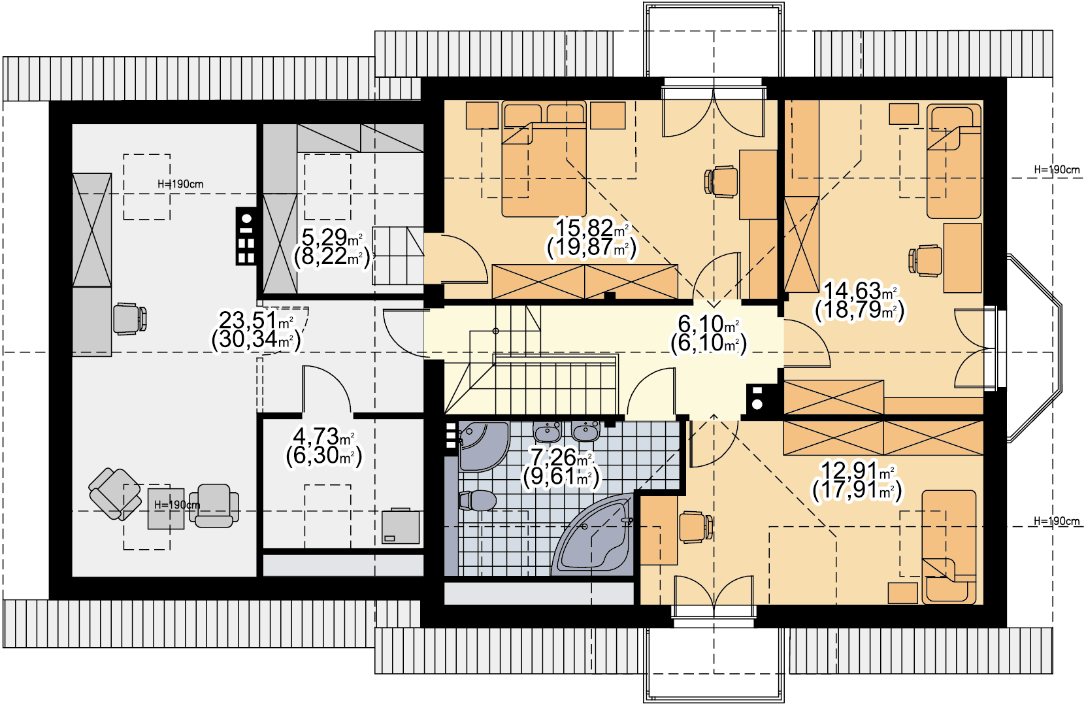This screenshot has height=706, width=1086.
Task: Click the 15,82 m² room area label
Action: (591, 237)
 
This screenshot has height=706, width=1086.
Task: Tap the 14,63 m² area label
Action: (860, 301)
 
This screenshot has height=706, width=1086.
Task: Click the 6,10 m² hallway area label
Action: (708, 333)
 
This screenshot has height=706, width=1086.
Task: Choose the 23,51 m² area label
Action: (256, 330)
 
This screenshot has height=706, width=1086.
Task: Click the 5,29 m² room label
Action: (332, 247)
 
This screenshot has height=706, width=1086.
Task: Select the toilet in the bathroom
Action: (478, 500)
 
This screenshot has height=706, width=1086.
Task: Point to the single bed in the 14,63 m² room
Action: (953, 161)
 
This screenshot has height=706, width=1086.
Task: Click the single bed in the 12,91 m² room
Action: (949, 547)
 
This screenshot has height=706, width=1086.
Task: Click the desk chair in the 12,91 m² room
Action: (696, 527)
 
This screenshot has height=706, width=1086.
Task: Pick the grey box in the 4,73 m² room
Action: (401, 526)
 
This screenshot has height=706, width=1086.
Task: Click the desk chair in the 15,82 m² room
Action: (721, 182)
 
